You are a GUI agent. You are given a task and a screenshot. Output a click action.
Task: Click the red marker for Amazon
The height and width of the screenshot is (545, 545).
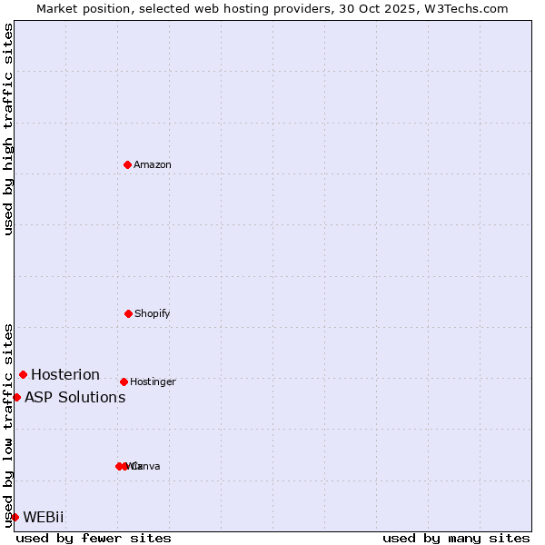[128, 164]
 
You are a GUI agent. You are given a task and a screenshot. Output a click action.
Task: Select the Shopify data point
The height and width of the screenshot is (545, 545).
[128, 313]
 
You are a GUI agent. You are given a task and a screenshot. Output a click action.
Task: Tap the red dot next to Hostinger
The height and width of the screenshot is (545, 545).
[124, 381]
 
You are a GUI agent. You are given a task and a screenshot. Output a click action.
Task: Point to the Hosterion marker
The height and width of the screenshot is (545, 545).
[23, 374]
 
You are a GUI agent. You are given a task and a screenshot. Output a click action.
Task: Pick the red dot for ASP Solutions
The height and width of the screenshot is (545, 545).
[16, 397]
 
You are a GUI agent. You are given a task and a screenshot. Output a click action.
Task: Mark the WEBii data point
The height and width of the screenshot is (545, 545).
[15, 517]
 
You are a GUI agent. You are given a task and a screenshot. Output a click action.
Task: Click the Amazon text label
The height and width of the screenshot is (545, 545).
[153, 164]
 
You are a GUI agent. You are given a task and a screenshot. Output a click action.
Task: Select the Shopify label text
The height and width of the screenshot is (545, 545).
[153, 313]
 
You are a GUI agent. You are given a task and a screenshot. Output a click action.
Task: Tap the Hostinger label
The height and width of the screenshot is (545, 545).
[153, 381]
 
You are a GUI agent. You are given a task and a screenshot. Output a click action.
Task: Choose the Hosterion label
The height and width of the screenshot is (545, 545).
[65, 374]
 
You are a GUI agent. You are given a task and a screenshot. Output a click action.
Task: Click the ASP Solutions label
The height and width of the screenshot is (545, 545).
[74, 397]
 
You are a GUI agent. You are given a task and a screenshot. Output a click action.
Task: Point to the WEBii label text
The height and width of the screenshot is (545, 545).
[44, 517]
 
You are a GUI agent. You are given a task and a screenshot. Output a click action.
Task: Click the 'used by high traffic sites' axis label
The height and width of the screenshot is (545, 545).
[8, 129]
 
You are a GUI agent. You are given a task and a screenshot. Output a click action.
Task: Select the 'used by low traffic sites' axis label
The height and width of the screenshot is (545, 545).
[8, 425]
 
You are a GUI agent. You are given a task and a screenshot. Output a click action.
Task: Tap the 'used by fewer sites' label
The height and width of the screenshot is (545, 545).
[94, 538]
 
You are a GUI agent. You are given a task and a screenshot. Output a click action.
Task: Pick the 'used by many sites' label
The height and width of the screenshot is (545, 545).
[456, 538]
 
